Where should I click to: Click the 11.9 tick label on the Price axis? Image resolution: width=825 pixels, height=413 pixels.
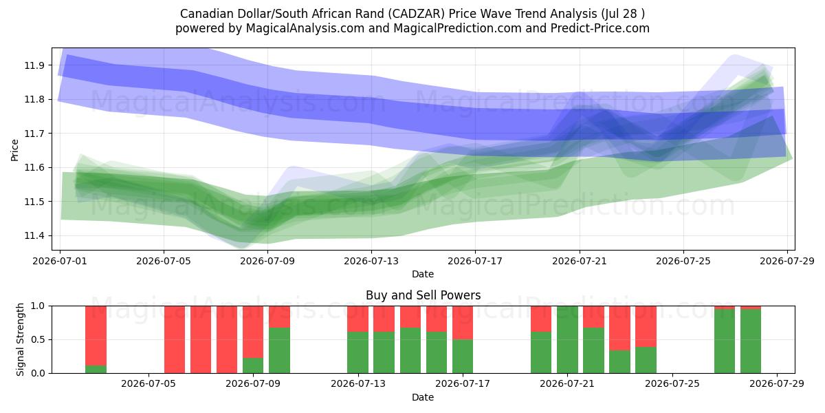point(34,65)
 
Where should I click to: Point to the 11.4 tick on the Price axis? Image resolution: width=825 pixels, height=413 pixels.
point(34,235)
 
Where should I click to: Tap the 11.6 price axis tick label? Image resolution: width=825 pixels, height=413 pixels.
point(34,168)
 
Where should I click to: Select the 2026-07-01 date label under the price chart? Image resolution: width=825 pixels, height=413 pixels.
point(60,261)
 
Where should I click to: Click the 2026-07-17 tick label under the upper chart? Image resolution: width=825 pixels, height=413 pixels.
point(475,261)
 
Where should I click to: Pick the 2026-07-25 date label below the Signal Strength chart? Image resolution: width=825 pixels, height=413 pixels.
point(672,383)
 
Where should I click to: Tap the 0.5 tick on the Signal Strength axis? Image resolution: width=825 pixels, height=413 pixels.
point(38,339)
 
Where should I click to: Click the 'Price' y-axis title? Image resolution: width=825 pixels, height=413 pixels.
point(14,150)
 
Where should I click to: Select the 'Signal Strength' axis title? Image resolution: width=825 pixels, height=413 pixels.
point(20,339)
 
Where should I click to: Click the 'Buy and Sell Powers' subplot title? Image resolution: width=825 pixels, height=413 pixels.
point(423,295)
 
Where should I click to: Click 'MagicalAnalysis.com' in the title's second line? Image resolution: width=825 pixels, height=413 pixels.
point(305,28)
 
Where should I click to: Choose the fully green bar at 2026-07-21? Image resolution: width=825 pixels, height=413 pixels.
point(567,339)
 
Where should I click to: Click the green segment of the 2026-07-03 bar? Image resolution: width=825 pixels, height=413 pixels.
point(96,369)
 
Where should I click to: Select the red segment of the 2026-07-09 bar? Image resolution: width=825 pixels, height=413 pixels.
point(253,332)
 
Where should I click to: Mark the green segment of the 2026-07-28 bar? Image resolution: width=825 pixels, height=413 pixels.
point(751,341)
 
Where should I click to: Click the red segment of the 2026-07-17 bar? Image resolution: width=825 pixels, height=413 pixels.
point(463,323)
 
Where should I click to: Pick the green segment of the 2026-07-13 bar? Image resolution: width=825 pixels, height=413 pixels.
point(357,352)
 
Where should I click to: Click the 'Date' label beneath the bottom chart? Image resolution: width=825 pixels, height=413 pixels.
point(423,398)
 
